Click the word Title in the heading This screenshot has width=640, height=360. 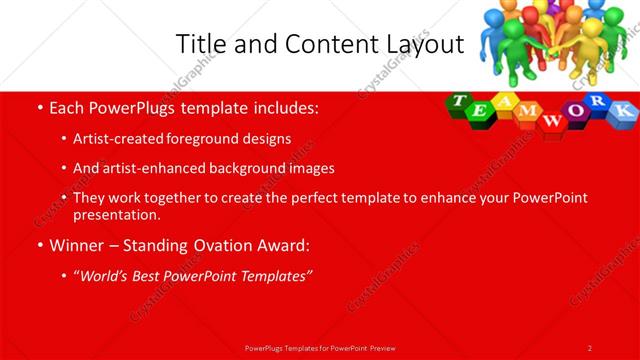click(x=200, y=44)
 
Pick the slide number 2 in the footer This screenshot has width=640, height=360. click(x=590, y=347)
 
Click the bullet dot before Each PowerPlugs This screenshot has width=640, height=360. click(x=39, y=106)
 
